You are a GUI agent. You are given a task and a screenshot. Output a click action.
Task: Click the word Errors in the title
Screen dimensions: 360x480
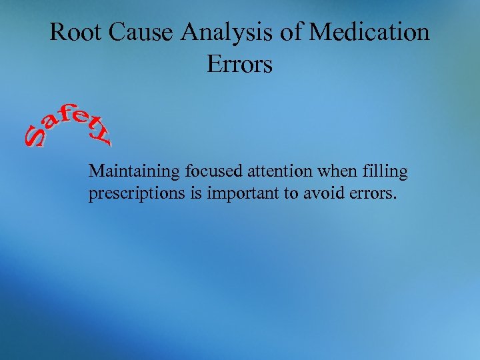point(239,64)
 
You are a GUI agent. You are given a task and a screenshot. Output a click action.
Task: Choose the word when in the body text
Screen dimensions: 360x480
point(333,171)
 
